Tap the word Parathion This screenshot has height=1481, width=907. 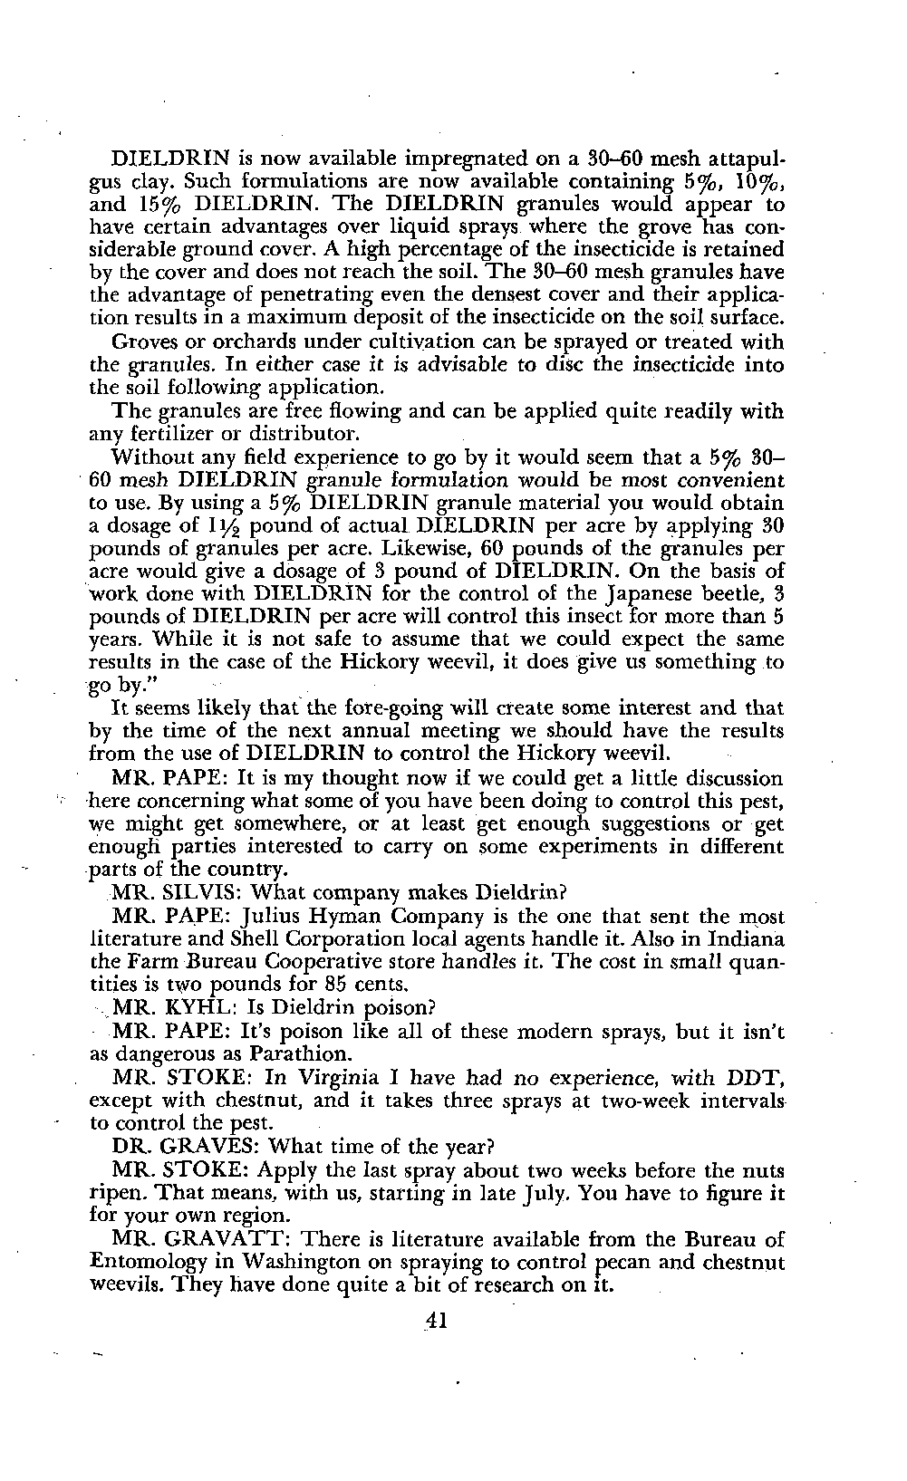(304, 1054)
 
